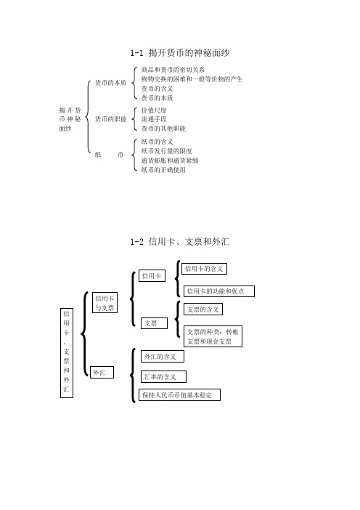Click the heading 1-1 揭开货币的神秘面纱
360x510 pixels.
click(x=180, y=53)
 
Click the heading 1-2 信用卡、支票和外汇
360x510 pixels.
click(x=180, y=242)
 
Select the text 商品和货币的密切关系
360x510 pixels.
click(x=173, y=70)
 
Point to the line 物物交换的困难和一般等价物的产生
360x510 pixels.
click(x=192, y=79)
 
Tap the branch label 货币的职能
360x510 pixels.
click(x=110, y=119)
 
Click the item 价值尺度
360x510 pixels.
click(x=154, y=110)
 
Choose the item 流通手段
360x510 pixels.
click(x=154, y=119)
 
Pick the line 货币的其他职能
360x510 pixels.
click(x=163, y=129)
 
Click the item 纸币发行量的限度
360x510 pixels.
click(x=166, y=151)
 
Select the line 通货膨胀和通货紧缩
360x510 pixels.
click(x=170, y=161)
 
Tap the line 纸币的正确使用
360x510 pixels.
click(x=163, y=170)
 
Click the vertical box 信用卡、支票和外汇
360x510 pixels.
click(x=67, y=353)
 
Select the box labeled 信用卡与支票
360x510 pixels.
click(x=105, y=303)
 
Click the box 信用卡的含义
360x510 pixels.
click(x=204, y=269)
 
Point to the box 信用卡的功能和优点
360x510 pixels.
click(x=219, y=291)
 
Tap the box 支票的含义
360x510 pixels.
click(x=203, y=309)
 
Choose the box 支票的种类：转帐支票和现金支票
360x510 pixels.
click(x=213, y=336)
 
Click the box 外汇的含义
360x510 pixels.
click(x=163, y=356)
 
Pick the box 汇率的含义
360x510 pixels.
click(x=163, y=376)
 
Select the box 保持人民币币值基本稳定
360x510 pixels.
click(x=180, y=395)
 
